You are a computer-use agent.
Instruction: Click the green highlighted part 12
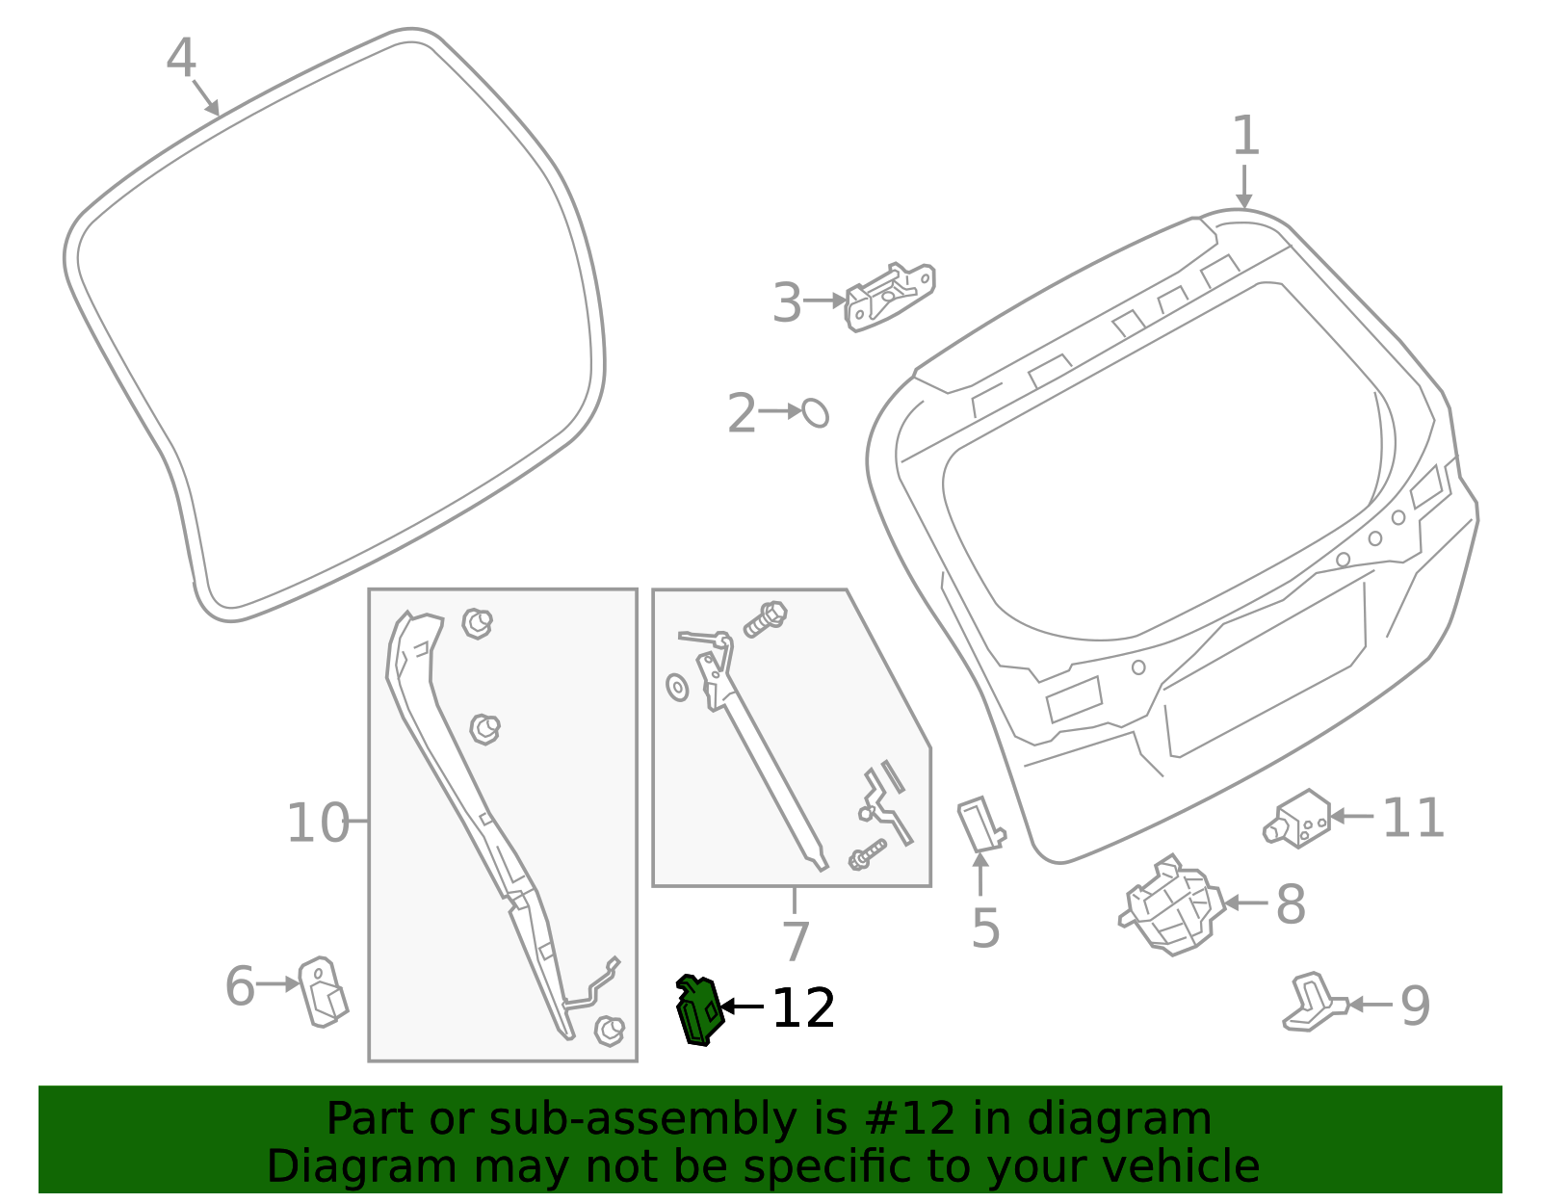[699, 1010]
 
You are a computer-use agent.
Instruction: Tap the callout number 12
[803, 1008]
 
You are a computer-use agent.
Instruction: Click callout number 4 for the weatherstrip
[180, 59]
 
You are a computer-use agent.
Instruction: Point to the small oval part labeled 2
[815, 412]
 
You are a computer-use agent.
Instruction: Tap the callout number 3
[787, 303]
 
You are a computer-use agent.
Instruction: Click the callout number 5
[985, 928]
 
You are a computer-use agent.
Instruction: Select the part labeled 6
[323, 991]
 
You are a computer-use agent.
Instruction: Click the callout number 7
[796, 941]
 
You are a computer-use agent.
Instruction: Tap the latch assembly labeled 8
[1172, 905]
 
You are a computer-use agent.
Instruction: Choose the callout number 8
[1291, 904]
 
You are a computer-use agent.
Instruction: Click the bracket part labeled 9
[1312, 1003]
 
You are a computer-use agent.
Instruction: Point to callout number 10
[318, 824]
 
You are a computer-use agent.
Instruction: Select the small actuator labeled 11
[1298, 820]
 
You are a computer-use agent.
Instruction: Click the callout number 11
[1413, 819]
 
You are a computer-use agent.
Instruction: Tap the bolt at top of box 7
[766, 618]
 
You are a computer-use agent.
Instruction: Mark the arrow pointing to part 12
[743, 1007]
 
